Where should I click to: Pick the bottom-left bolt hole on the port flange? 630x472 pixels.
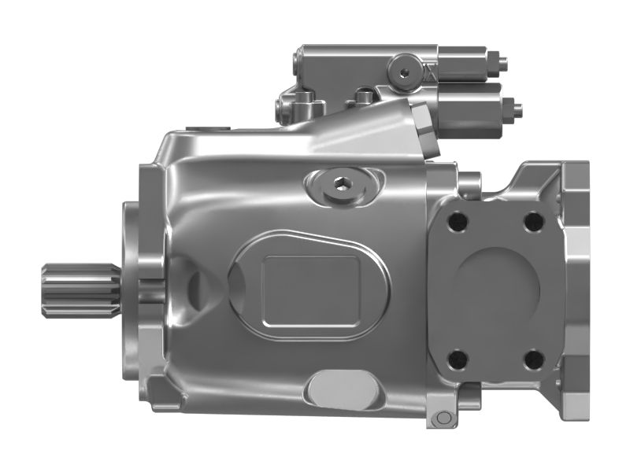(458, 360)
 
